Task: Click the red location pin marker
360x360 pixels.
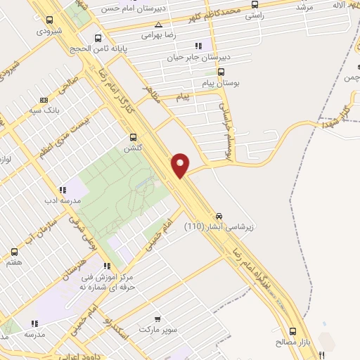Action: click(x=181, y=164)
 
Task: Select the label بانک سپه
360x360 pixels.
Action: click(x=43, y=111)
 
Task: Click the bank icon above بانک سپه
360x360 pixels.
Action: click(x=44, y=100)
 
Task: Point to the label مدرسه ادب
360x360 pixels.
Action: click(x=63, y=200)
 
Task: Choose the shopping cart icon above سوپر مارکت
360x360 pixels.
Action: click(x=157, y=319)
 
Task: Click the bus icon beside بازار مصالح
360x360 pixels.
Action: click(x=292, y=330)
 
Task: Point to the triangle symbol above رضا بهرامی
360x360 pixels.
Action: click(x=158, y=25)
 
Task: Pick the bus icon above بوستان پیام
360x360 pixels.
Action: click(x=221, y=71)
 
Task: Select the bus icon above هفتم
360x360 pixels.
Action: click(x=14, y=251)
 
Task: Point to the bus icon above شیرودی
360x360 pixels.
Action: click(x=49, y=20)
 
